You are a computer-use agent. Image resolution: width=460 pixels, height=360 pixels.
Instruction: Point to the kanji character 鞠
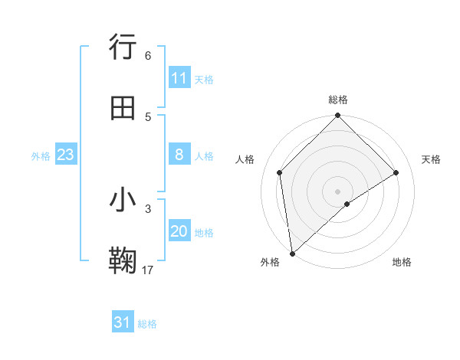pyautogui.click(x=123, y=260)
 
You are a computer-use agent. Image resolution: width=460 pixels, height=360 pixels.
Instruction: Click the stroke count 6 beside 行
pyautogui.click(x=148, y=56)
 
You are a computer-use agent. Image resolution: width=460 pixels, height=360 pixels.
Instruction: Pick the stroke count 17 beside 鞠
pyautogui.click(x=148, y=269)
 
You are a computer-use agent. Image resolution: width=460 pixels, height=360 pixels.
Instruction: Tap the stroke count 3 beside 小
pyautogui.click(x=148, y=208)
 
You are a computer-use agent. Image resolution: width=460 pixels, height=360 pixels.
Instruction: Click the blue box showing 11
pyautogui.click(x=179, y=78)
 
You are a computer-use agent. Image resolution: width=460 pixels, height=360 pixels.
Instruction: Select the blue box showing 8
pyautogui.click(x=179, y=155)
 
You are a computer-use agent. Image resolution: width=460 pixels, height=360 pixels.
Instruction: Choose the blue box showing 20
pyautogui.click(x=179, y=231)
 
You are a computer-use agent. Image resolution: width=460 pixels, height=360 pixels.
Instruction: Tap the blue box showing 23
pyautogui.click(x=66, y=155)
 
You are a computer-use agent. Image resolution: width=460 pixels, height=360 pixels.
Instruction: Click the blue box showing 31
pyautogui.click(x=123, y=322)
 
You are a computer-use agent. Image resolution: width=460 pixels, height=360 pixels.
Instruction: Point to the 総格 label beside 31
pyautogui.click(x=147, y=324)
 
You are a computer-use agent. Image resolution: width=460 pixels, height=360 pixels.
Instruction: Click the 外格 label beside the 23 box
pyautogui.click(x=41, y=156)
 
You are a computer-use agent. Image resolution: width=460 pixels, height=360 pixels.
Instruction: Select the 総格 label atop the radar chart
pyautogui.click(x=338, y=100)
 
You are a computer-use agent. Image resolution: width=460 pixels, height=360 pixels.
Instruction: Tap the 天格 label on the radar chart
pyautogui.click(x=432, y=159)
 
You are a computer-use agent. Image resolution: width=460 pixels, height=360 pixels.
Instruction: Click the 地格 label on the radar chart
pyautogui.click(x=402, y=262)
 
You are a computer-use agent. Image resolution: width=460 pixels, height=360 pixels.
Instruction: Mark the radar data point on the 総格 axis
pyautogui.click(x=338, y=116)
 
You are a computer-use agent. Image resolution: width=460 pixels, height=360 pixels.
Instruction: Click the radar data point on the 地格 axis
pyautogui.click(x=347, y=204)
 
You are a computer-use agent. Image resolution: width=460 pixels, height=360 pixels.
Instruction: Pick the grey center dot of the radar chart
pyautogui.click(x=338, y=191)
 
